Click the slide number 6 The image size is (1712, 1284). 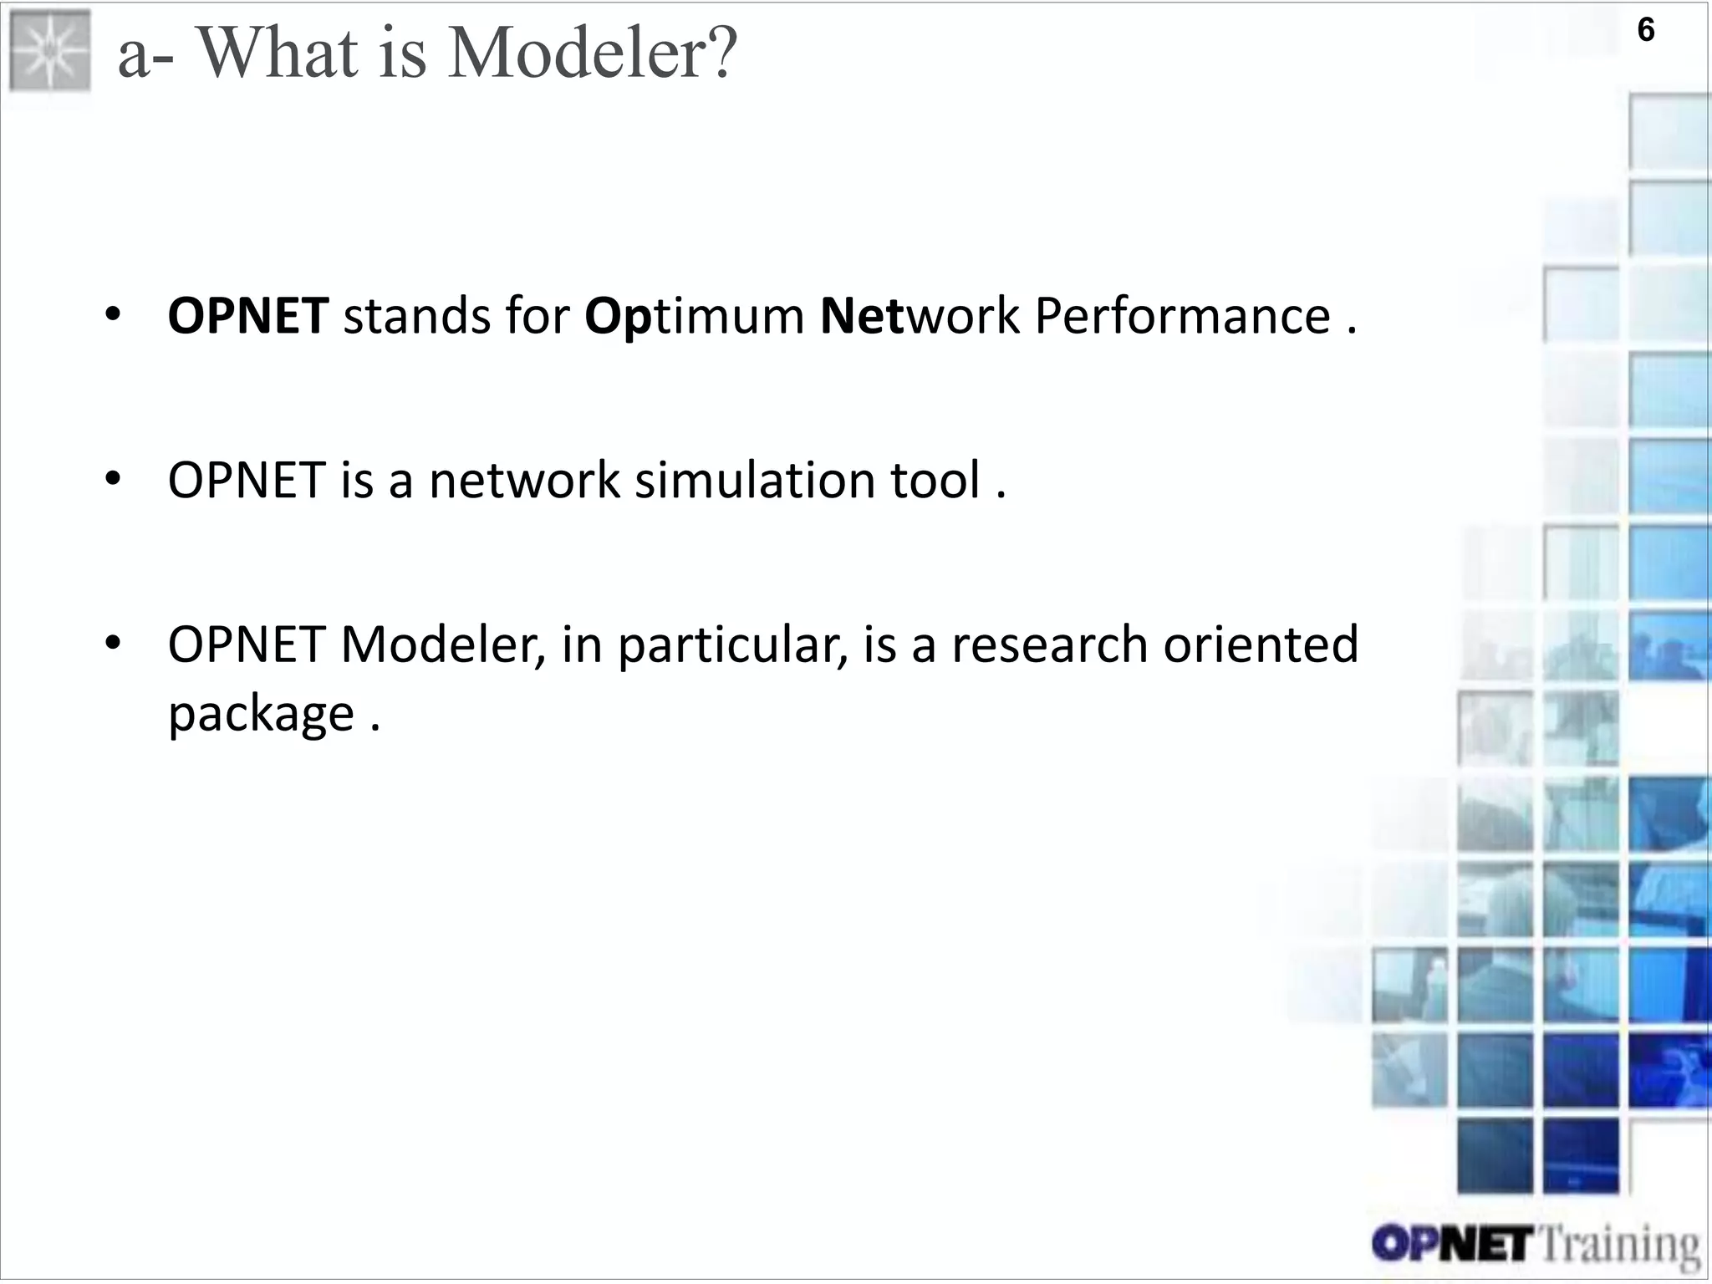tap(1645, 31)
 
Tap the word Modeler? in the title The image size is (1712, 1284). tap(593, 53)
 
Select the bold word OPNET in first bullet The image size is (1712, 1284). tap(248, 317)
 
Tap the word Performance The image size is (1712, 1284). tap(1182, 317)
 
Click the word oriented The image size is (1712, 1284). tap(1261, 645)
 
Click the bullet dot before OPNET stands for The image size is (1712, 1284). tap(114, 315)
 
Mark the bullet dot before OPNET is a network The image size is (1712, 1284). tap(114, 479)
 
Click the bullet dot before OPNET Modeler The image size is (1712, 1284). tap(114, 644)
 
